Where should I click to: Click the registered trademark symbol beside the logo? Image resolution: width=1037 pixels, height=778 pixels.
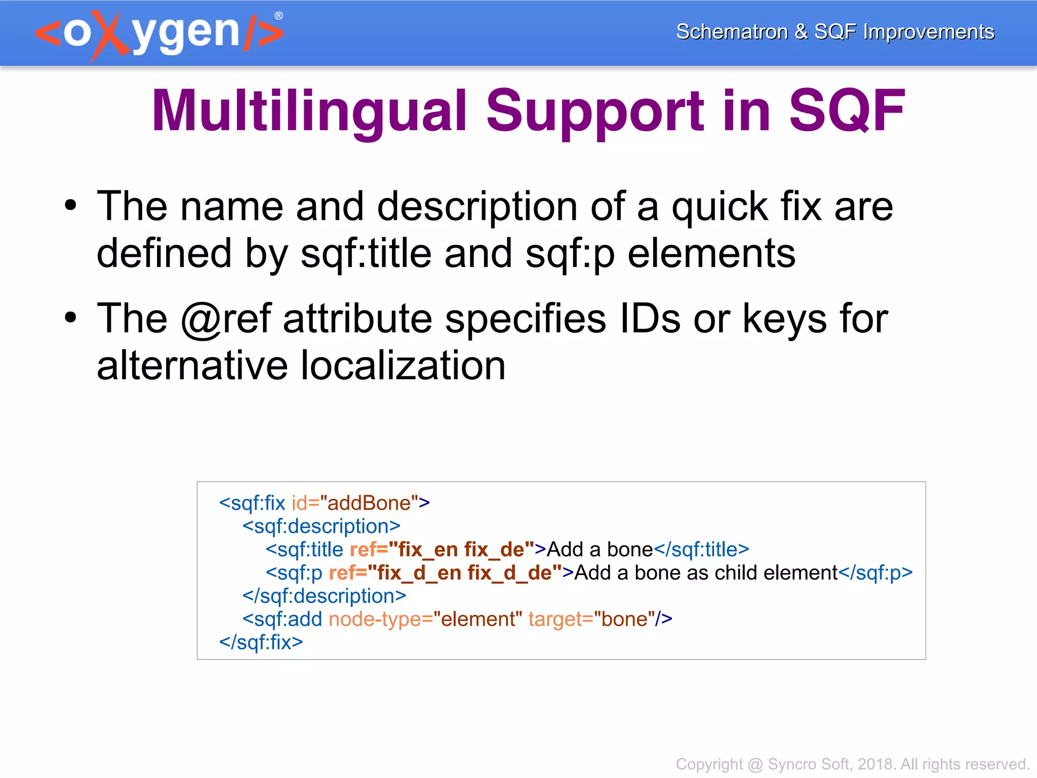pyautogui.click(x=278, y=16)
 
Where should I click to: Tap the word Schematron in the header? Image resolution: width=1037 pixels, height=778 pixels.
pyautogui.click(x=732, y=31)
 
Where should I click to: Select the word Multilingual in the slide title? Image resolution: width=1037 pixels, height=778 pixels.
pyautogui.click(x=309, y=110)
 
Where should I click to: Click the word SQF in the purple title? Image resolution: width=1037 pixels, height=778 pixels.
pyautogui.click(x=847, y=110)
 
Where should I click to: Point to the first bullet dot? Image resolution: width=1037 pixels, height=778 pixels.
pyautogui.click(x=70, y=206)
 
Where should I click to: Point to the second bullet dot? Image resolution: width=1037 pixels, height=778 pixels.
pyautogui.click(x=70, y=318)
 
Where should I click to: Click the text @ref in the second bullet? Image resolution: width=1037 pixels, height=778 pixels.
pyautogui.click(x=226, y=319)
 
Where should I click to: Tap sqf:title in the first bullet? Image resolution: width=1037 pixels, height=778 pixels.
pyautogui.click(x=366, y=253)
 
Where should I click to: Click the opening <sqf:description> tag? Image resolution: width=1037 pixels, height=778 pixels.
pyautogui.click(x=321, y=526)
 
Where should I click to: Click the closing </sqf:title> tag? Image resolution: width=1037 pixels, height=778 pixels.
pyautogui.click(x=701, y=550)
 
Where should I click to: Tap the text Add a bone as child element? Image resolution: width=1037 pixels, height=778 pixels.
pyautogui.click(x=706, y=573)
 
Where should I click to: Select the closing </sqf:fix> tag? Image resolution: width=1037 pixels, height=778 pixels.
pyautogui.click(x=261, y=642)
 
